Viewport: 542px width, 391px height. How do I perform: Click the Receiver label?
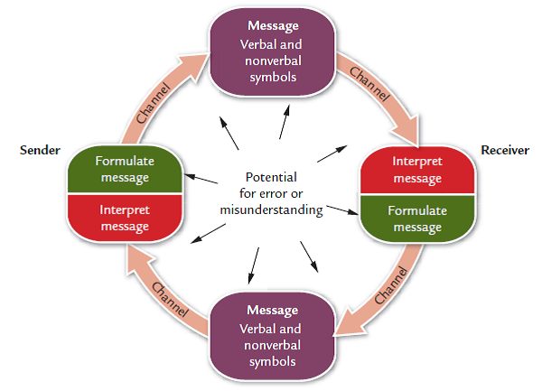[504, 150]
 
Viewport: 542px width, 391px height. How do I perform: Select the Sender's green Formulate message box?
[125, 169]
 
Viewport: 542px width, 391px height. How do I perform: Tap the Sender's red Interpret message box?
[125, 218]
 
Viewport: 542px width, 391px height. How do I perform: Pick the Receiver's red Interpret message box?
[416, 169]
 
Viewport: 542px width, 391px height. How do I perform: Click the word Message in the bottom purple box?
[272, 311]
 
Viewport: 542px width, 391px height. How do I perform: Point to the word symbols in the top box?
[272, 77]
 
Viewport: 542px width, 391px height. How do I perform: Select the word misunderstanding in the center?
[271, 209]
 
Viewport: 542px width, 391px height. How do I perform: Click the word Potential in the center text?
[271, 177]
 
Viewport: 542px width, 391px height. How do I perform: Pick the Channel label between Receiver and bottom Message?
[390, 283]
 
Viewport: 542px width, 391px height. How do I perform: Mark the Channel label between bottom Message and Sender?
[169, 299]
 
